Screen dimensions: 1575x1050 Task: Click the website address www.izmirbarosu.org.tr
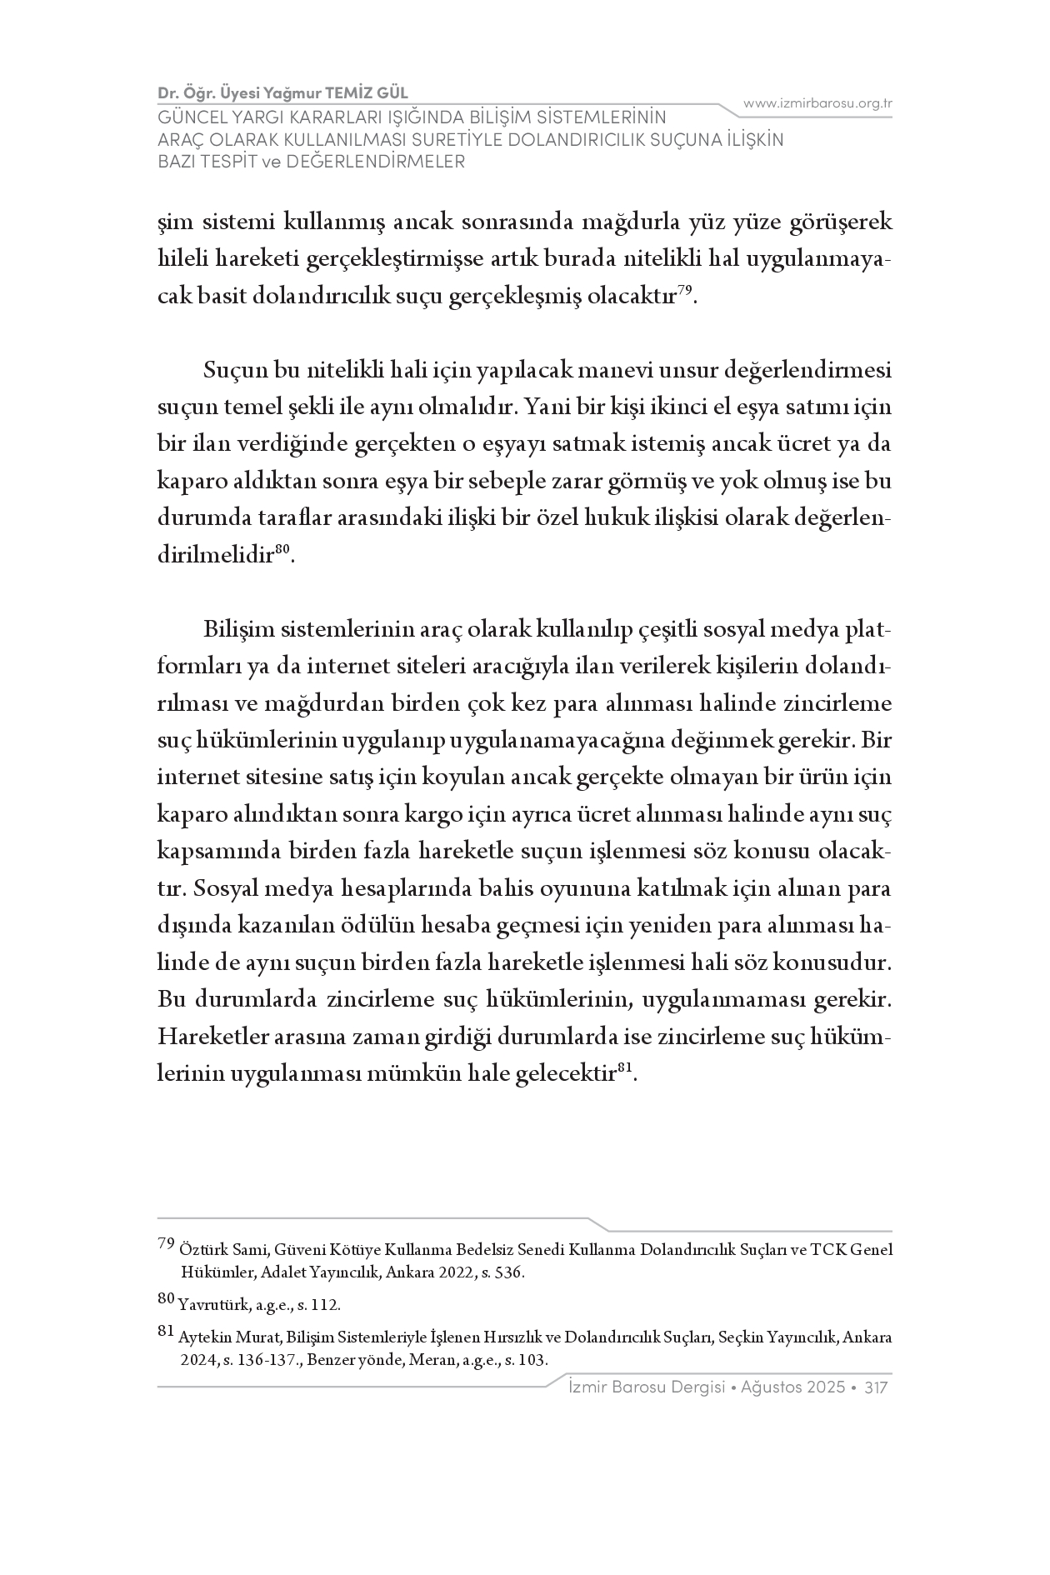tap(817, 103)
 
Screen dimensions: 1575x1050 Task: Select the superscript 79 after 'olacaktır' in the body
tap(684, 289)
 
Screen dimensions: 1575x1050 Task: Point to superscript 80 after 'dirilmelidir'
tap(281, 547)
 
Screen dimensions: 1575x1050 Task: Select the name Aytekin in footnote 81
tap(199, 1338)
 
